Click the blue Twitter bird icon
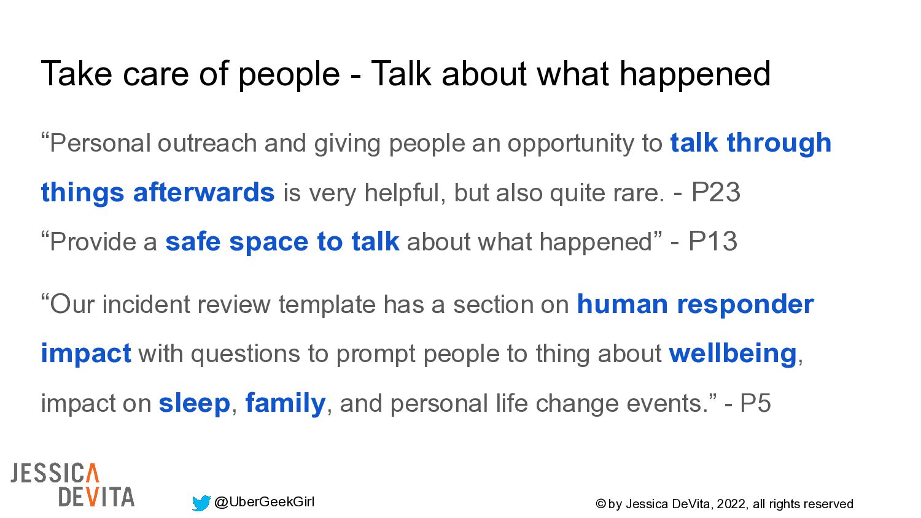tap(201, 503)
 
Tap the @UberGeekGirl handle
tap(265, 502)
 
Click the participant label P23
tap(716, 192)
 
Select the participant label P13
tap(712, 241)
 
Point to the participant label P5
tap(755, 403)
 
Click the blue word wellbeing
tap(733, 354)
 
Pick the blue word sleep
tap(194, 404)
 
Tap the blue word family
tap(286, 404)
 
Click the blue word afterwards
tap(204, 192)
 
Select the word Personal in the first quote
tap(100, 143)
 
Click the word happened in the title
tap(695, 75)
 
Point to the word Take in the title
tap(77, 74)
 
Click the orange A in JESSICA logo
tap(93, 473)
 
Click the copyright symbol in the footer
tap(600, 504)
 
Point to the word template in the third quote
tap(327, 305)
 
